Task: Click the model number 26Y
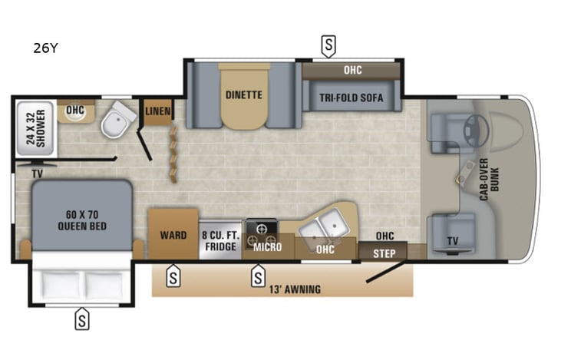[45, 48]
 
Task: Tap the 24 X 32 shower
[35, 127]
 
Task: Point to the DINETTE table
[244, 96]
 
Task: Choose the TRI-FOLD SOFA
[352, 97]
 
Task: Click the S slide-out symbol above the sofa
[328, 46]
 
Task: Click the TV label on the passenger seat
[453, 241]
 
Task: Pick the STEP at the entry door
[384, 253]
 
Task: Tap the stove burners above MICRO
[261, 230]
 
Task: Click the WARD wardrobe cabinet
[173, 235]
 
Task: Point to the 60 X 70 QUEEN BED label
[81, 220]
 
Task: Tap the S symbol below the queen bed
[81, 319]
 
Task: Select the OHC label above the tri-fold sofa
[352, 70]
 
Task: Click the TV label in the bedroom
[36, 174]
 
